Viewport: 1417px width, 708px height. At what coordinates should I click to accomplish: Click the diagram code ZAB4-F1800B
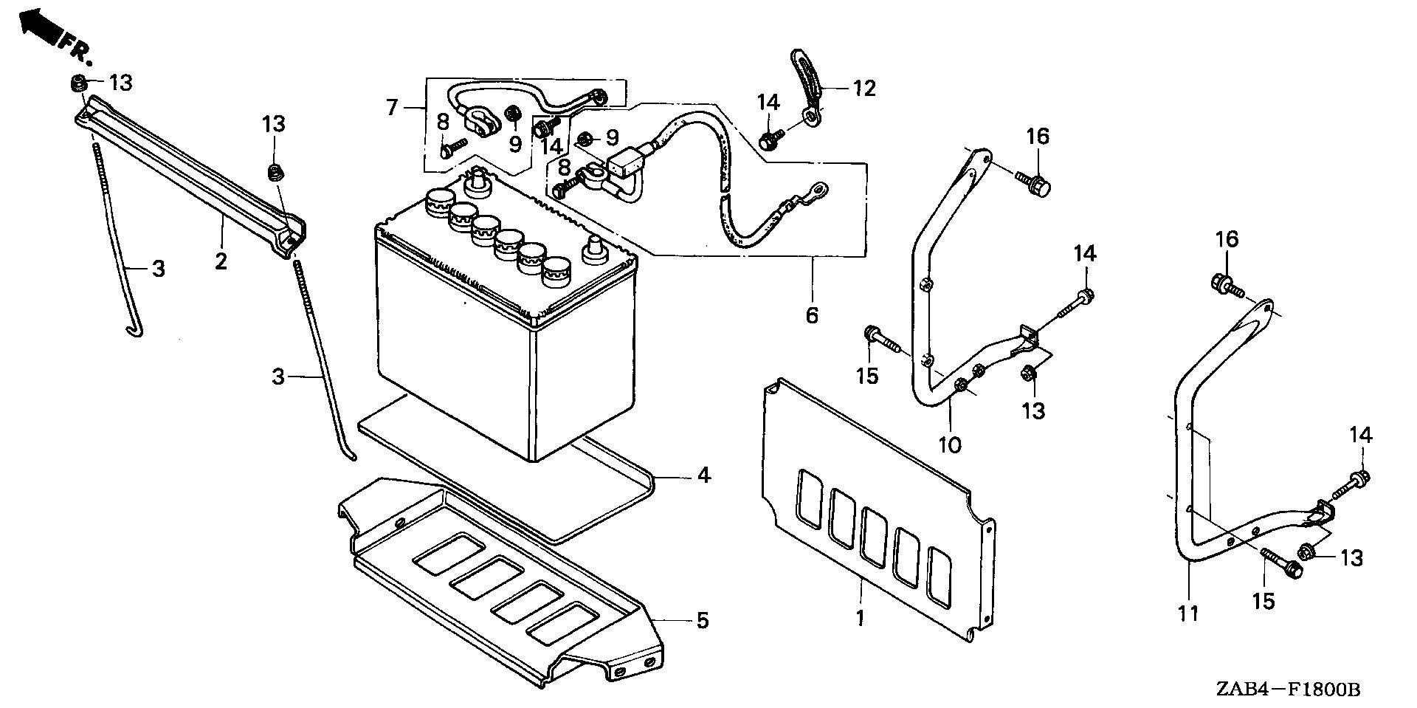coord(1287,690)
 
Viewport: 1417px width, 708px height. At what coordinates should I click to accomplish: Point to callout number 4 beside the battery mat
coord(703,475)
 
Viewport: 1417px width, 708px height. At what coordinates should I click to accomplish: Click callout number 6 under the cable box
coord(812,316)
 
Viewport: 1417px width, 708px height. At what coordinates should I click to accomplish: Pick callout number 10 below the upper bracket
coord(950,444)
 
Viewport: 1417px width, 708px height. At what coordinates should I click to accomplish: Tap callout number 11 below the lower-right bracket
coord(1188,612)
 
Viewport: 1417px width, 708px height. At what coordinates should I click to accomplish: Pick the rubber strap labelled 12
coord(806,77)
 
